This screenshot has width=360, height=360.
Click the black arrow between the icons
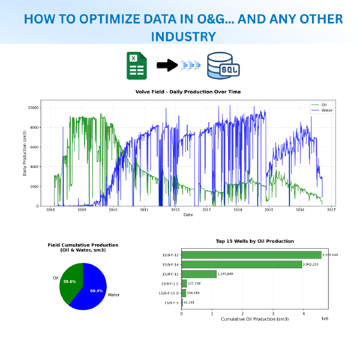(167, 66)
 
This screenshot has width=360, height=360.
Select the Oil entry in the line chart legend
(323, 104)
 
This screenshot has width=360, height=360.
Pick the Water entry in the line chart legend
(326, 110)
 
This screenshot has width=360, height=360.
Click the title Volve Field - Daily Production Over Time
(188, 92)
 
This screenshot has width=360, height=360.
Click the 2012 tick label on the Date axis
(175, 209)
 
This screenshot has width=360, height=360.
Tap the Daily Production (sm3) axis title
(25, 153)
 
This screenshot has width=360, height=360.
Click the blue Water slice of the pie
(94, 289)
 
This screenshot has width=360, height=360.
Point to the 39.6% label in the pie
(69, 281)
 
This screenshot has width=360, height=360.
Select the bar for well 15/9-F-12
(251, 254)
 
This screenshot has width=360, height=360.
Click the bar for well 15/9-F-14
(242, 264)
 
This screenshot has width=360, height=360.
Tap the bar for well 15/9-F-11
(199, 274)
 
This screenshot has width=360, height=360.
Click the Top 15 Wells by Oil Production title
(254, 241)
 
